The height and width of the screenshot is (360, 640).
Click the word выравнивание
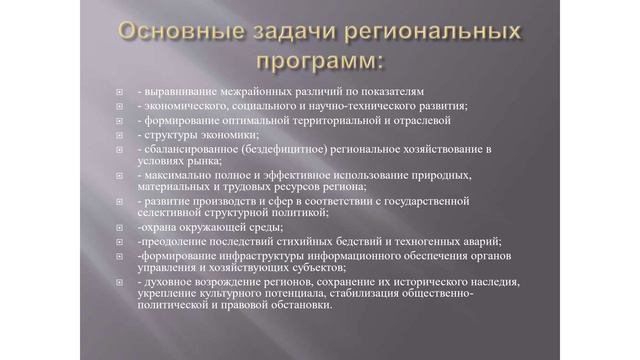[178, 90]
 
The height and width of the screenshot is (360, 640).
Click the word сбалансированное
[189, 148]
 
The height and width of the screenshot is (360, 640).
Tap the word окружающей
[212, 227]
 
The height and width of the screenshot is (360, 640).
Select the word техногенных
[395, 241]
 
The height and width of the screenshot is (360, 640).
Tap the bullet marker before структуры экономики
[119, 134]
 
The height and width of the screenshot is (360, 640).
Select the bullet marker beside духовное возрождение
[119, 283]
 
